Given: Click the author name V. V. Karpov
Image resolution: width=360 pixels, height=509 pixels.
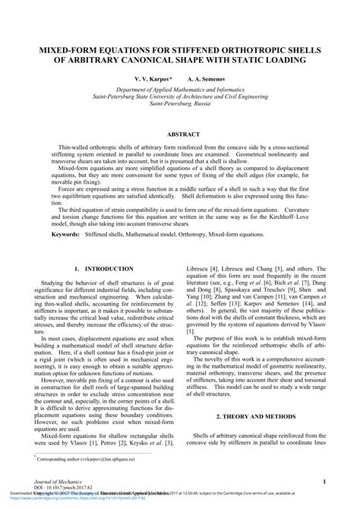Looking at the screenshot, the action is (x=153, y=78).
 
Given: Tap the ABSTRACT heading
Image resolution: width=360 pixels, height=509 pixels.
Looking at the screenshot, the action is (x=179, y=134).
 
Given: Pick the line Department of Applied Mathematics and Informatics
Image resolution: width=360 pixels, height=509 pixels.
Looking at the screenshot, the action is (x=179, y=90).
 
